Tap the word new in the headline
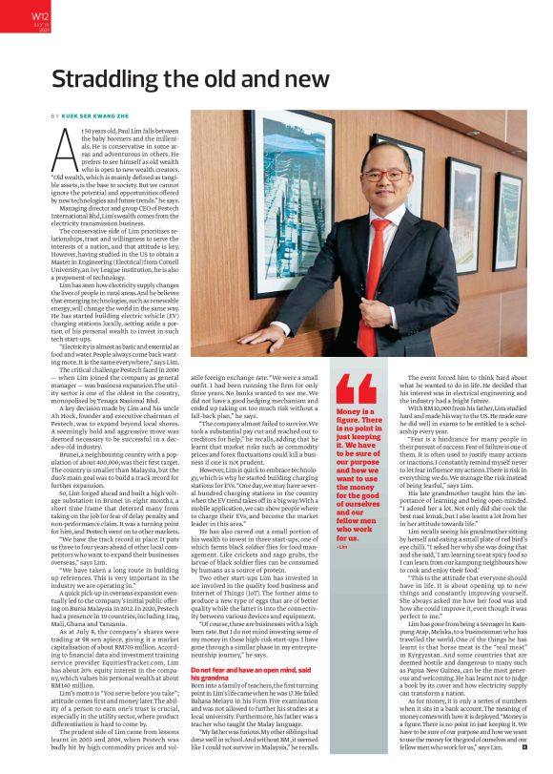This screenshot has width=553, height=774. [x=303, y=80]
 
